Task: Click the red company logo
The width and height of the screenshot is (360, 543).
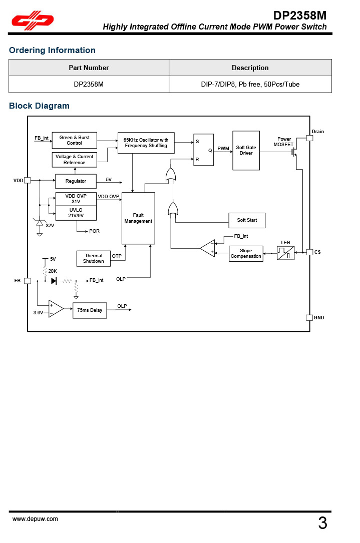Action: coord(33,20)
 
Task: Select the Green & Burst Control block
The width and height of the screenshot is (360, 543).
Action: coord(74,140)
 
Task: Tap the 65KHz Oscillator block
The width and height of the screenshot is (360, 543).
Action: coord(146,143)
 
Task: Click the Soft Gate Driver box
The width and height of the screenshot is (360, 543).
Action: coord(246,150)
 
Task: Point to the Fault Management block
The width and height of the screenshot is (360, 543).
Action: coord(138,218)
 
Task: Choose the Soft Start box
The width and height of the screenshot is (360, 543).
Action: coord(247,220)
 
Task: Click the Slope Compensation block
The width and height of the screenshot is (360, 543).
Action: coord(246,254)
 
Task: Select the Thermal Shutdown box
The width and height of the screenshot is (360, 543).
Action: coord(94,258)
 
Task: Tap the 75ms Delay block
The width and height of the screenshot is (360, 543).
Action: coord(90,310)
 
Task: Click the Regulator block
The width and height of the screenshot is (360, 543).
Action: coord(76,181)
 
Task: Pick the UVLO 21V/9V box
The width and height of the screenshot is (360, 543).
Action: coord(76,213)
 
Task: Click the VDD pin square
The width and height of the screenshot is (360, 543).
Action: coord(28,180)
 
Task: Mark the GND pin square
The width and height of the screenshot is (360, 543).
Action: coord(309,318)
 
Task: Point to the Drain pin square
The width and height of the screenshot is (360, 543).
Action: coord(310,138)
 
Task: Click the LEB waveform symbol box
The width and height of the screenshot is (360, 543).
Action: coord(286,253)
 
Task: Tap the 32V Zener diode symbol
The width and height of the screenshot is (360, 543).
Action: coord(40,222)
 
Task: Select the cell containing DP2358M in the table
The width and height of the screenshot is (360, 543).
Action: coord(89,84)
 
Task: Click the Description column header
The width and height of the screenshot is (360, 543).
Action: coord(250,68)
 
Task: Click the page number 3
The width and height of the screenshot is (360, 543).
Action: coord(322,523)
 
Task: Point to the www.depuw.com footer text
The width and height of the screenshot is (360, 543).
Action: coord(35,519)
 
